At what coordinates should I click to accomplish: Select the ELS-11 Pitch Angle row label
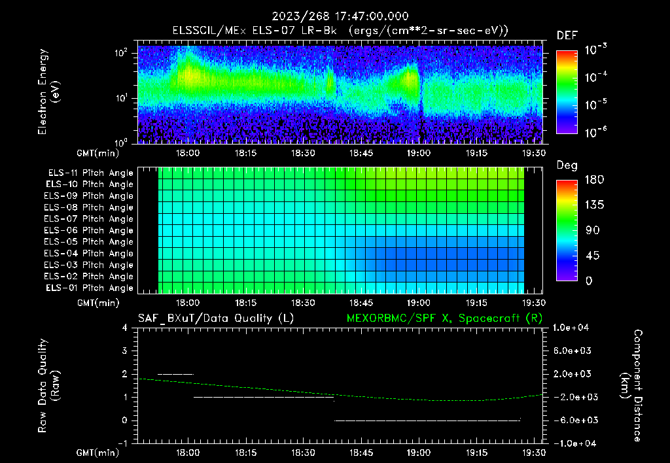coord(89,173)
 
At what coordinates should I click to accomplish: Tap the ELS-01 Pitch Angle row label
coord(89,288)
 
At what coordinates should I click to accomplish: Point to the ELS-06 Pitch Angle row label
coord(89,230)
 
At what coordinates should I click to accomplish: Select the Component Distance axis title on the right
coord(631,386)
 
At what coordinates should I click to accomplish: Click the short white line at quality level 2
coord(175,374)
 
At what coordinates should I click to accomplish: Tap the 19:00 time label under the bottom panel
coord(419,451)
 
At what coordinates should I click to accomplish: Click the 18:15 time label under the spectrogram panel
coord(245,153)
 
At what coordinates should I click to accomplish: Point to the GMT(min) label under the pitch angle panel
coord(98,303)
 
